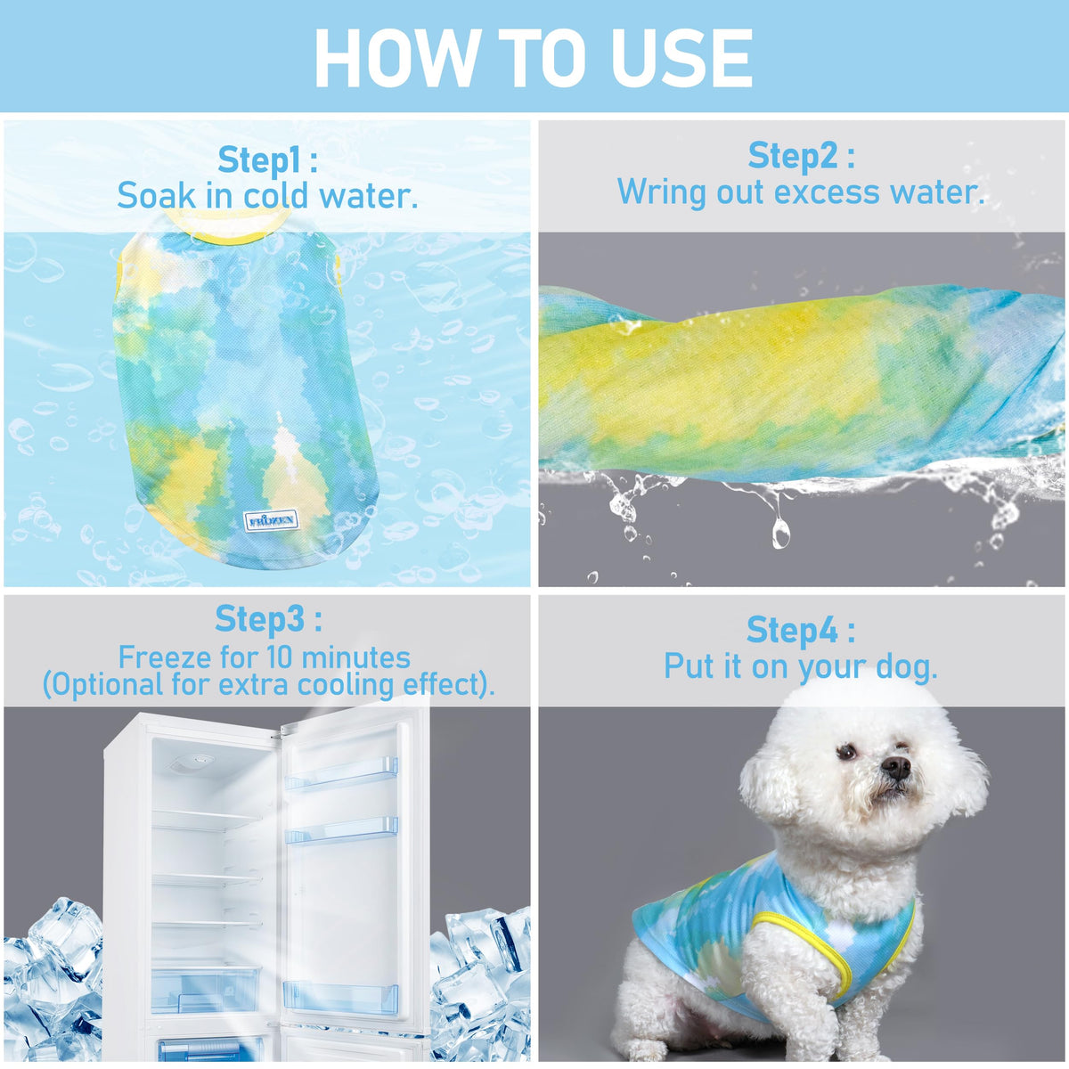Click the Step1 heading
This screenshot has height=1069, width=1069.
tap(267, 160)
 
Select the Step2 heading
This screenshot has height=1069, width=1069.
tap(801, 156)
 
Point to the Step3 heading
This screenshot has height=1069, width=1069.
tap(268, 618)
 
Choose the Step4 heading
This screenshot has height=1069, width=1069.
tap(801, 630)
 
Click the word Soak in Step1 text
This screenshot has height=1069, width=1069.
tap(157, 196)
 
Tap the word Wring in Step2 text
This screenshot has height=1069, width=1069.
tap(662, 192)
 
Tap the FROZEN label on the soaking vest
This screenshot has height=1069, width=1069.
tap(272, 521)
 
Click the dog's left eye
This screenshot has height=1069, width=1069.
tap(847, 753)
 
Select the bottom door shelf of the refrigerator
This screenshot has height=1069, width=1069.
tap(340, 995)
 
